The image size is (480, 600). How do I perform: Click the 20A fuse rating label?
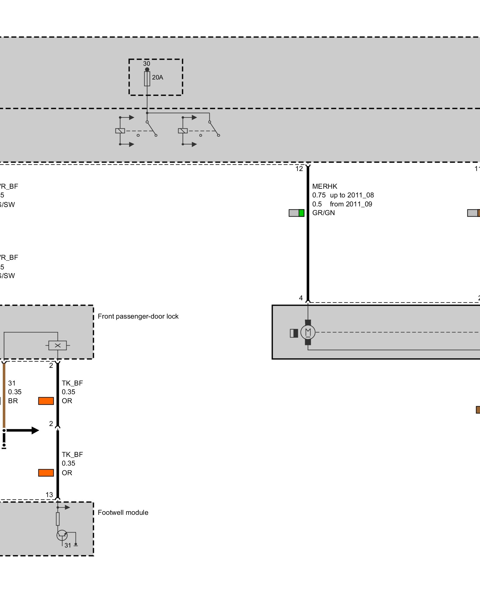[157, 77]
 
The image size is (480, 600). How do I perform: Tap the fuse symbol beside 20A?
[147, 79]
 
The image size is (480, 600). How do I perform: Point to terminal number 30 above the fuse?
[146, 64]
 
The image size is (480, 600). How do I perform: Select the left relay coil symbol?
[120, 131]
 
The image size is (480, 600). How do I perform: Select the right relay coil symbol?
[183, 131]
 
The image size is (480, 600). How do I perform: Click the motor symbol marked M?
[308, 332]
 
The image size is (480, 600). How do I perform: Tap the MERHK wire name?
[325, 186]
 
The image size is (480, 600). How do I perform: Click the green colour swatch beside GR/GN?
[301, 213]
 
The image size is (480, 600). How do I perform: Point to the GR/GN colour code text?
[323, 213]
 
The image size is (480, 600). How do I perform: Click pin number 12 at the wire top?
[299, 169]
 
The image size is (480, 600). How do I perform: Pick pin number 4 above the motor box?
[301, 298]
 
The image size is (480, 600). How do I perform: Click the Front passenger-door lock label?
[138, 316]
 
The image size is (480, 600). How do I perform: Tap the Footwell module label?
[123, 512]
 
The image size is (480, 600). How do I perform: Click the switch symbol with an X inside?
[58, 345]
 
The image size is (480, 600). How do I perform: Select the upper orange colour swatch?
[46, 401]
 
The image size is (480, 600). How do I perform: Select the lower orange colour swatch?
[46, 473]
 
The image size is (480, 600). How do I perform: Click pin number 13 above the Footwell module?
[49, 495]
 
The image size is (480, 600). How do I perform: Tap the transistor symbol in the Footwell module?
[62, 535]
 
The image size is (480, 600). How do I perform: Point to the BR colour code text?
[13, 401]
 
